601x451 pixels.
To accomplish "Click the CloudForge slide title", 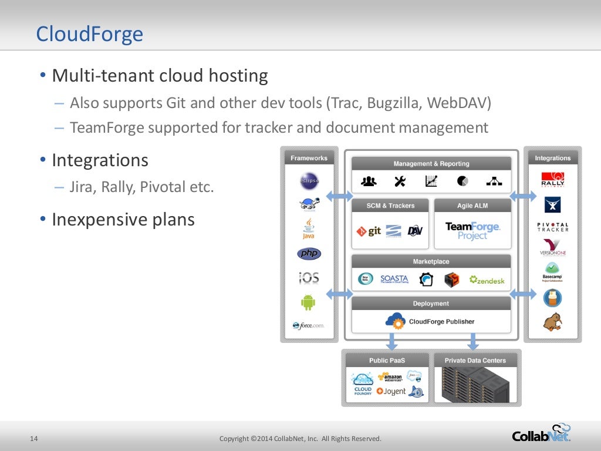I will [89, 34].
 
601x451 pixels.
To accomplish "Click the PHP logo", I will [309, 254].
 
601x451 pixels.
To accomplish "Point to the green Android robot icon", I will [308, 302].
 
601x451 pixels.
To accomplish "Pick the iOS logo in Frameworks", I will [309, 277].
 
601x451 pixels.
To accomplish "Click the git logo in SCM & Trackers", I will [369, 231].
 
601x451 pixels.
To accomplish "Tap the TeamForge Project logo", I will [472, 230].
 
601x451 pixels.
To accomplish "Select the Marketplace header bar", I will [431, 261].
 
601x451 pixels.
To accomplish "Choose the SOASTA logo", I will [394, 279].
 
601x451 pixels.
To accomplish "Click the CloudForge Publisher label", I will [441, 321].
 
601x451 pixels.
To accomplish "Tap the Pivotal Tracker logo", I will [552, 227].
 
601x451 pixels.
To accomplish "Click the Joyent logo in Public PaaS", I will [391, 391].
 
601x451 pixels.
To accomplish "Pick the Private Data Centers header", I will [475, 361].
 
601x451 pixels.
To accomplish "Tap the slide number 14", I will [34, 439].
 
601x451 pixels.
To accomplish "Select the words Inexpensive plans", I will [123, 220].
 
